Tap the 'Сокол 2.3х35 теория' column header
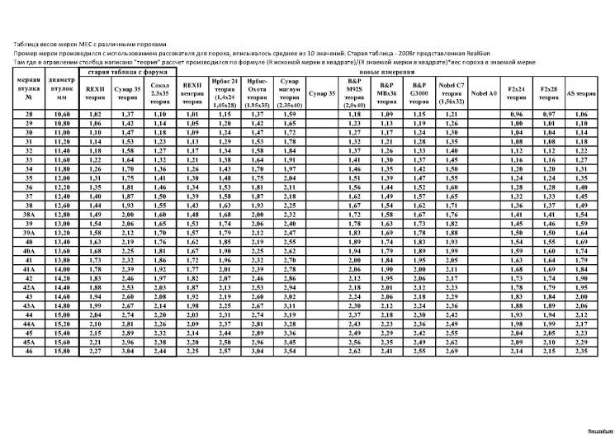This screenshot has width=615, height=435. pyautogui.click(x=160, y=91)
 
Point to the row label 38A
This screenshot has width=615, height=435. pyautogui.click(x=29, y=214)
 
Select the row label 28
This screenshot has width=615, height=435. pyautogui.click(x=29, y=114)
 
